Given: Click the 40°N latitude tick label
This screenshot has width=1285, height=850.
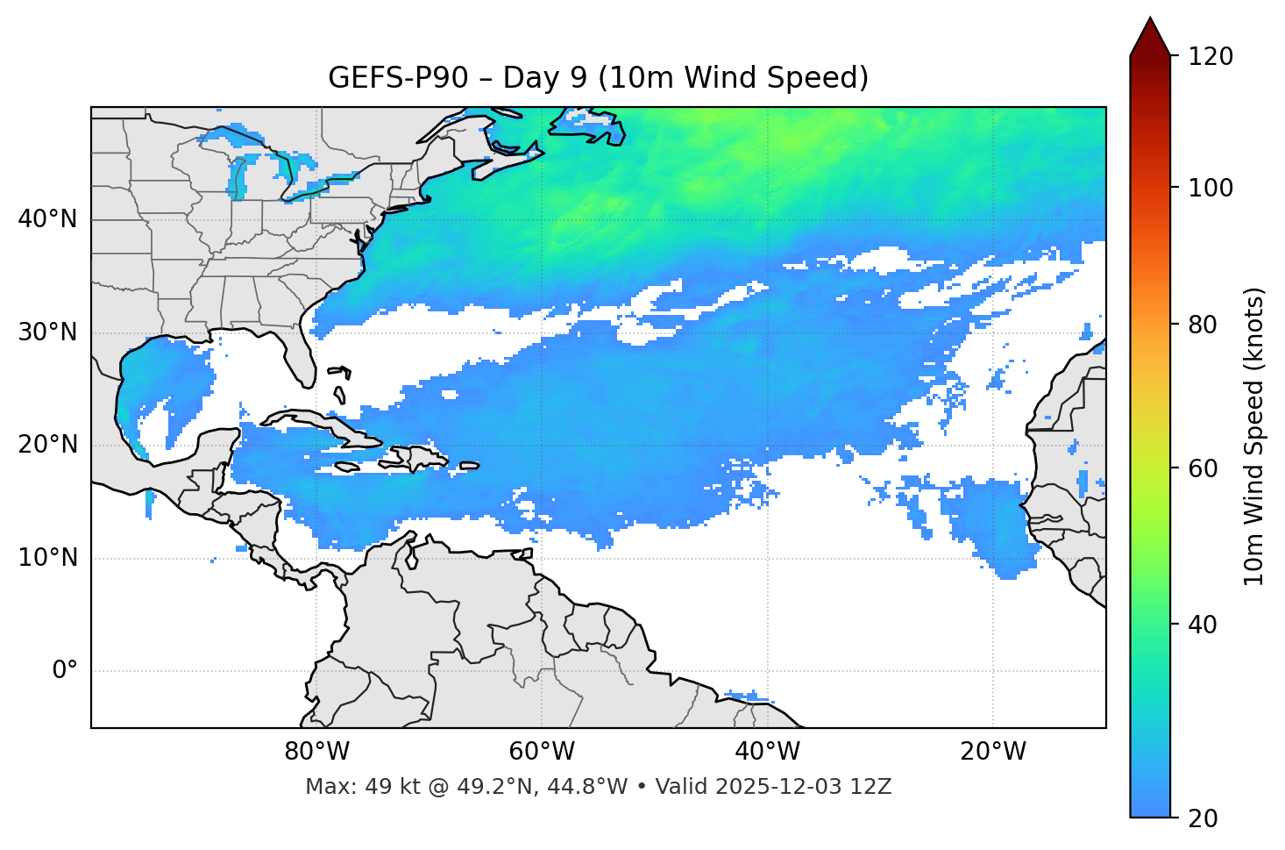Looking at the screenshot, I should pyautogui.click(x=47, y=219).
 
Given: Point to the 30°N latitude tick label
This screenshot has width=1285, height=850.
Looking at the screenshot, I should pyautogui.click(x=47, y=332).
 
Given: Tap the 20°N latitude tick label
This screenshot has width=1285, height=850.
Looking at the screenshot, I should pyautogui.click(x=47, y=445).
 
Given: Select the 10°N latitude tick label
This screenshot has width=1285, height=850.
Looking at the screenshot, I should pyautogui.click(x=47, y=558).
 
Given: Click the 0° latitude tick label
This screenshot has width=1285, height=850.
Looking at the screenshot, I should pyautogui.click(x=65, y=671).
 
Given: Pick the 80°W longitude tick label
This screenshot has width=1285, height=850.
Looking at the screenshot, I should pyautogui.click(x=316, y=752).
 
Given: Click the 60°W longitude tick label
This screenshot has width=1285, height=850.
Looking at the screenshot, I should pyautogui.click(x=542, y=752).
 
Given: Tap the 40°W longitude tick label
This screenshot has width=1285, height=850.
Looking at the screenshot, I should pyautogui.click(x=767, y=752).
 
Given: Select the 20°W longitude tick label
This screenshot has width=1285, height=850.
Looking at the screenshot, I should pyautogui.click(x=992, y=752).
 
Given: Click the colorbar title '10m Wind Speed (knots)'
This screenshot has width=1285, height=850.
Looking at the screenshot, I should pyautogui.click(x=1254, y=436).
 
